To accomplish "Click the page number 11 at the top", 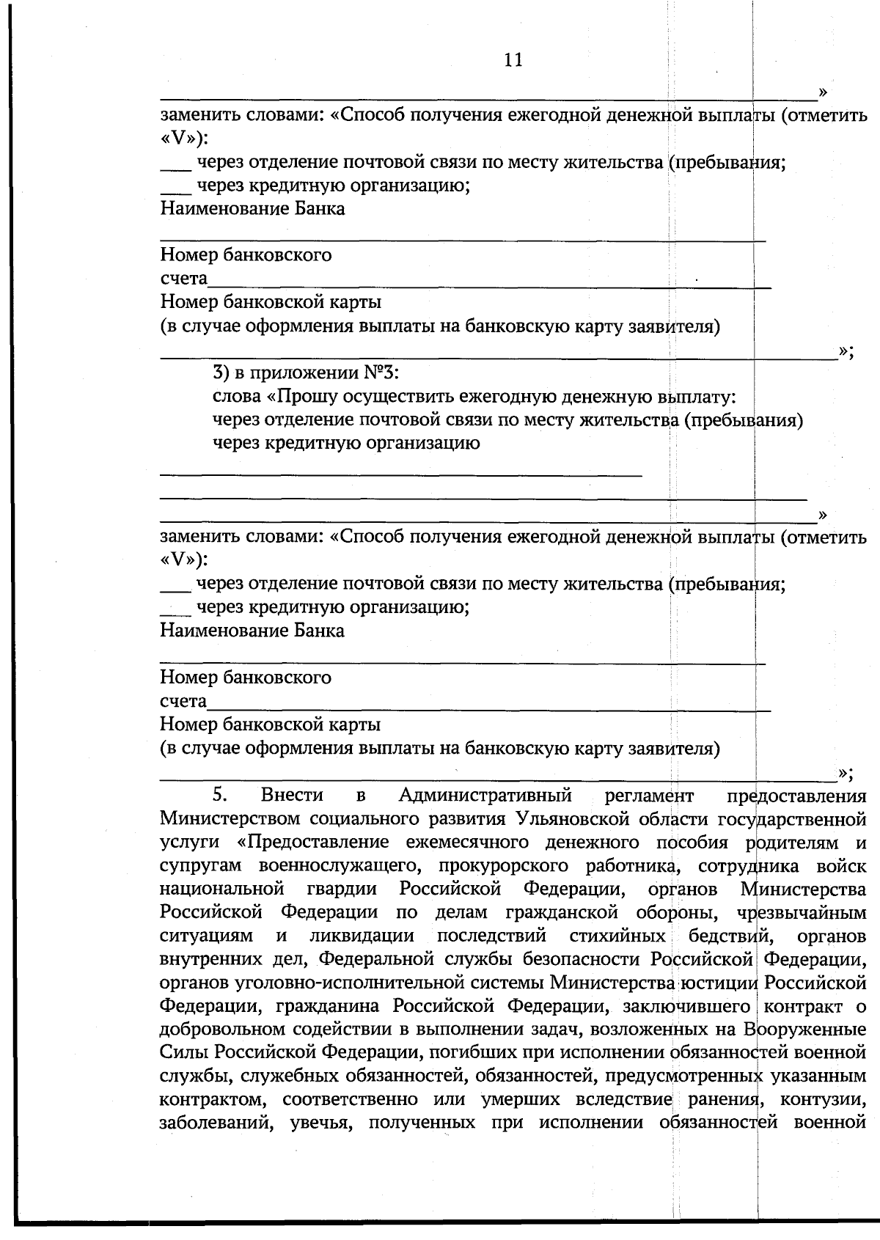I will point(513,60).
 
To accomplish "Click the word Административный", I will point(485,795).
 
